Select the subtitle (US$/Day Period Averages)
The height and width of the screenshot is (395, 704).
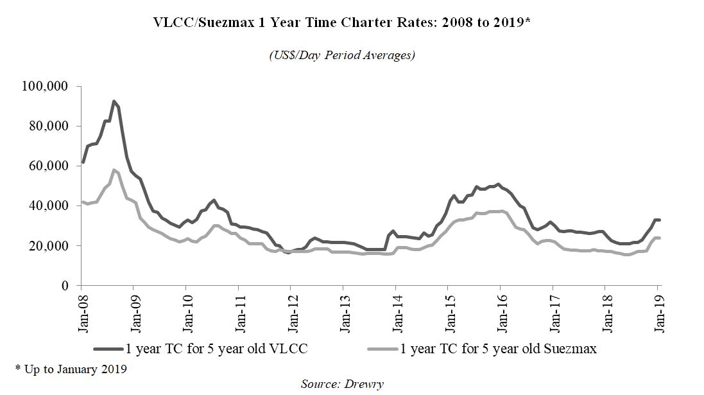(341, 55)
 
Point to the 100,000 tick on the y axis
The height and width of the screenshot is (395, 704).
(49, 86)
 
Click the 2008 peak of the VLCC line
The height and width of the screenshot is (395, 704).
(114, 101)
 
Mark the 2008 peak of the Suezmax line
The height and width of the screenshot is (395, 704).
(114, 170)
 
